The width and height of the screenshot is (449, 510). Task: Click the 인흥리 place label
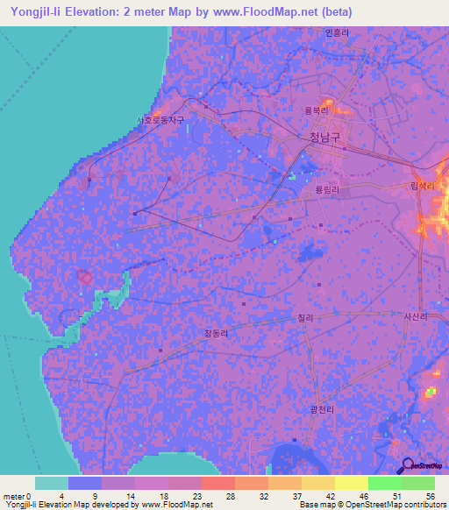(x=337, y=32)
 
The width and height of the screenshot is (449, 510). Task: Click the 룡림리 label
(x=325, y=188)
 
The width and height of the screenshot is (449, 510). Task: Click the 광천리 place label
(x=324, y=410)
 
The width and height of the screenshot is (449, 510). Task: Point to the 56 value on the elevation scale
(x=430, y=496)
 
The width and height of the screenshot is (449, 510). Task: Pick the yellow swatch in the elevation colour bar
(x=352, y=483)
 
